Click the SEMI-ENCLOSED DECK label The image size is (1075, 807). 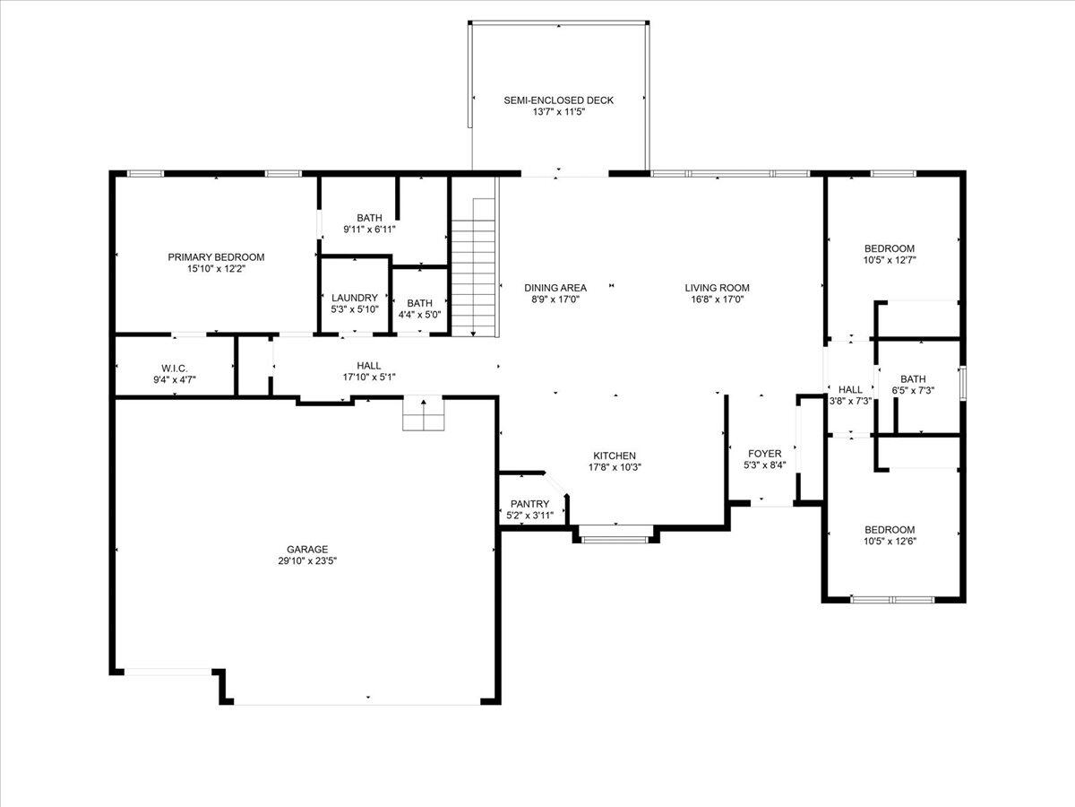(558, 100)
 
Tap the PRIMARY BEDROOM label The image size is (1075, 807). (216, 257)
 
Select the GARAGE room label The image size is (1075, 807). (307, 550)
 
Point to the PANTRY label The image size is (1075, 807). (530, 504)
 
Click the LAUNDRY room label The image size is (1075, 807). (355, 298)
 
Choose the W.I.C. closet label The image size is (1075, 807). (175, 369)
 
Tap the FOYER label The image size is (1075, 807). (764, 454)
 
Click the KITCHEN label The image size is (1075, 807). (615, 456)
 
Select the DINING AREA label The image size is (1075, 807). (555, 288)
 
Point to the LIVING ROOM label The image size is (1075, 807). (717, 288)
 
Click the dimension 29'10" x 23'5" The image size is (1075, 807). (307, 561)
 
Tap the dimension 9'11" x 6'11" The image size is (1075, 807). (369, 230)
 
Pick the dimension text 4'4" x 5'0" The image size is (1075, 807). (420, 315)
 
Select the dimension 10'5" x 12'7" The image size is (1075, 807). (890, 260)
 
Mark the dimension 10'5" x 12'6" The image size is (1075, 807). (890, 542)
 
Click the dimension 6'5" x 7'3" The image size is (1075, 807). (913, 391)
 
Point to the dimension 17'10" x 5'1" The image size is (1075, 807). (369, 377)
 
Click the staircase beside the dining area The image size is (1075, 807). (474, 267)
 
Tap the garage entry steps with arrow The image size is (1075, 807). (423, 413)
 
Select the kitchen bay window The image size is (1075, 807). (615, 535)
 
